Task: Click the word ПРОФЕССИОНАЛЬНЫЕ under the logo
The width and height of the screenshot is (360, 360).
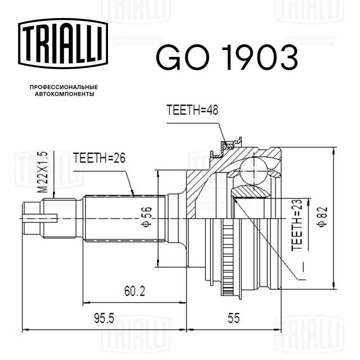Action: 64,87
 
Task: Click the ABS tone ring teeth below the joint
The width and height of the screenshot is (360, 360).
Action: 227,259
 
